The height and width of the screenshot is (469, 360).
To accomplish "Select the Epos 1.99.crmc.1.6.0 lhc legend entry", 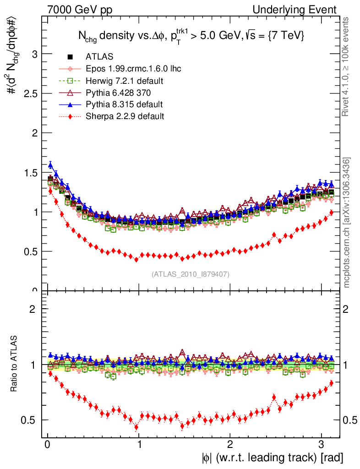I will (x=133, y=69).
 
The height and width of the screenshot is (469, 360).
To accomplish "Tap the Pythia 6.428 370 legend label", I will (x=119, y=93).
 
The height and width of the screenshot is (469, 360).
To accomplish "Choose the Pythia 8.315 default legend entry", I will (x=124, y=104).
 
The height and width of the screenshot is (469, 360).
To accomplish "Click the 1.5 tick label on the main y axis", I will (x=30, y=173).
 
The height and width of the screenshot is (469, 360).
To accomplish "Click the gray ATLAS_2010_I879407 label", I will (x=191, y=274).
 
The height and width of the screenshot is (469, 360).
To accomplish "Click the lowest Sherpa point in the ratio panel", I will (x=136, y=427).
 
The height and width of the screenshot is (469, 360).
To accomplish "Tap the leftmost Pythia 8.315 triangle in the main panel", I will (x=50, y=165).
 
